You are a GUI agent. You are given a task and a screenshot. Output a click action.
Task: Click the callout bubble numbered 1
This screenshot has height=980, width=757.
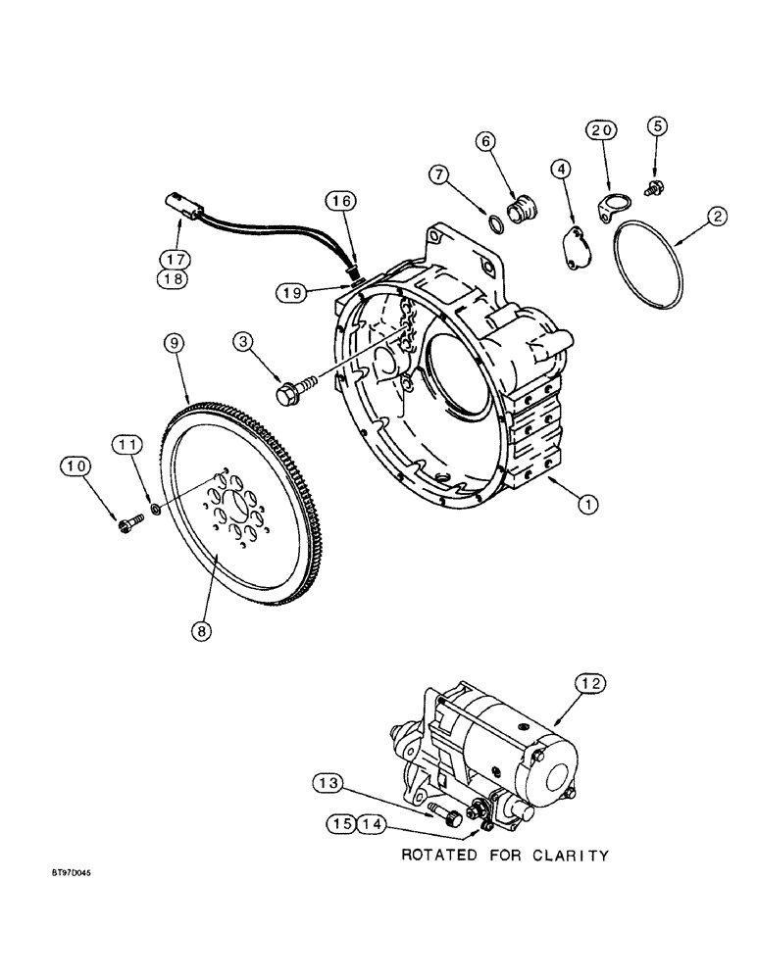point(587,505)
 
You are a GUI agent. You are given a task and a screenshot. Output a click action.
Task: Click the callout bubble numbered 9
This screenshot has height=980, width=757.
point(172,343)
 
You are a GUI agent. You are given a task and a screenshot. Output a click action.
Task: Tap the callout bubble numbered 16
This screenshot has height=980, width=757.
point(339,202)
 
